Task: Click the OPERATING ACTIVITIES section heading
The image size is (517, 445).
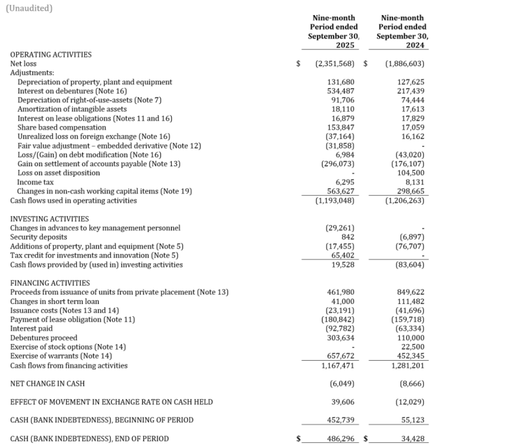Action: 51,55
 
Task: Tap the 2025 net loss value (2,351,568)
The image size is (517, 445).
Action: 334,64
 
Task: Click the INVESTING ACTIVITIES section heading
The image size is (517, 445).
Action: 50,219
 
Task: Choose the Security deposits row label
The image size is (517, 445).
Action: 38,237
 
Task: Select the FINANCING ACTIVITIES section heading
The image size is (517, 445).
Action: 50,283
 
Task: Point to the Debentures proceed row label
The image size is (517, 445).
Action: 44,337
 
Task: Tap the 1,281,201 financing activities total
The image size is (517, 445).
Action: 408,365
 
